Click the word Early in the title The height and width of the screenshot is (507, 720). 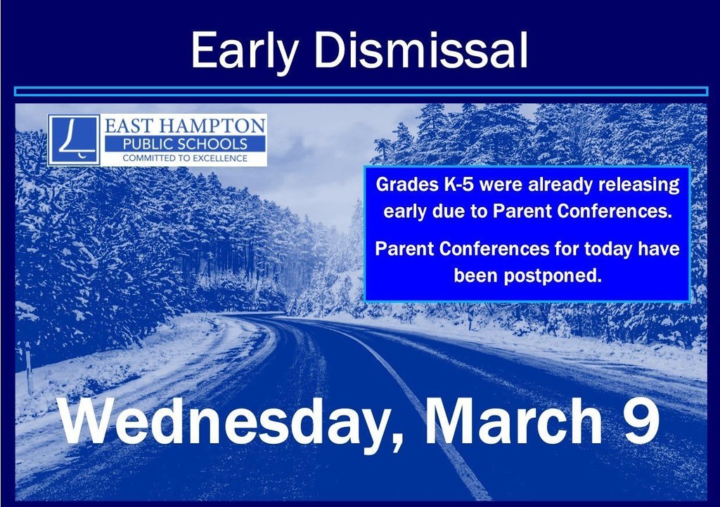click(245, 51)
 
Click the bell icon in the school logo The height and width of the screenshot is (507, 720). click(73, 139)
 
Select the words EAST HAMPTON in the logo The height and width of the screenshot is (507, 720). click(185, 125)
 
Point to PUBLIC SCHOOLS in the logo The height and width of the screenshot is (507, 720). click(185, 144)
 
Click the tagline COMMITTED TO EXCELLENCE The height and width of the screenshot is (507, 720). click(185, 159)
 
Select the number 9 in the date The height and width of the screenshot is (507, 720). click(641, 420)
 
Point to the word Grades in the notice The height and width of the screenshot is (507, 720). click(407, 185)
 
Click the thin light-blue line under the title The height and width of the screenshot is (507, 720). click(361, 91)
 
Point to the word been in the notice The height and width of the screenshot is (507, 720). click(476, 276)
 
